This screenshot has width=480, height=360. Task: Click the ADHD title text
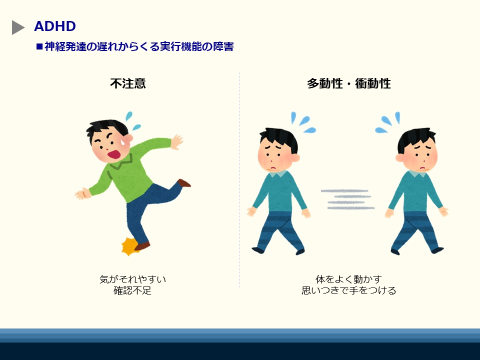(x=55, y=26)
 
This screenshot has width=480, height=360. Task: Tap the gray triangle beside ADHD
(x=17, y=27)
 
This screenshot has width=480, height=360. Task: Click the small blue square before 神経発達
(x=39, y=47)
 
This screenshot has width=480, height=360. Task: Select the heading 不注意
(x=128, y=83)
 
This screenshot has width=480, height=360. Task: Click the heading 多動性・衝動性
(x=348, y=83)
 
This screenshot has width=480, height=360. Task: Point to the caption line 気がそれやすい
(x=132, y=279)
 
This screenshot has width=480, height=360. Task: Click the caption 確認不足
(x=132, y=290)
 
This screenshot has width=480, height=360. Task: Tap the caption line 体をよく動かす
(x=348, y=279)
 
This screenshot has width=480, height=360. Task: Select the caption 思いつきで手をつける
(x=348, y=290)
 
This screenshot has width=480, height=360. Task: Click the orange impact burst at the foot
(x=129, y=246)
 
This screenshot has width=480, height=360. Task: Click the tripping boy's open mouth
(x=114, y=154)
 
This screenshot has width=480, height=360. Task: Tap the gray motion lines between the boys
(x=348, y=199)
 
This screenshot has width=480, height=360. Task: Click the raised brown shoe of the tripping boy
(x=184, y=183)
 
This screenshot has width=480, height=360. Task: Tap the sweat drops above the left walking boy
(x=303, y=122)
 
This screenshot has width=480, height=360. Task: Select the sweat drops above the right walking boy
(x=388, y=122)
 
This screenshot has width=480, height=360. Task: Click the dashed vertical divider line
(x=239, y=180)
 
